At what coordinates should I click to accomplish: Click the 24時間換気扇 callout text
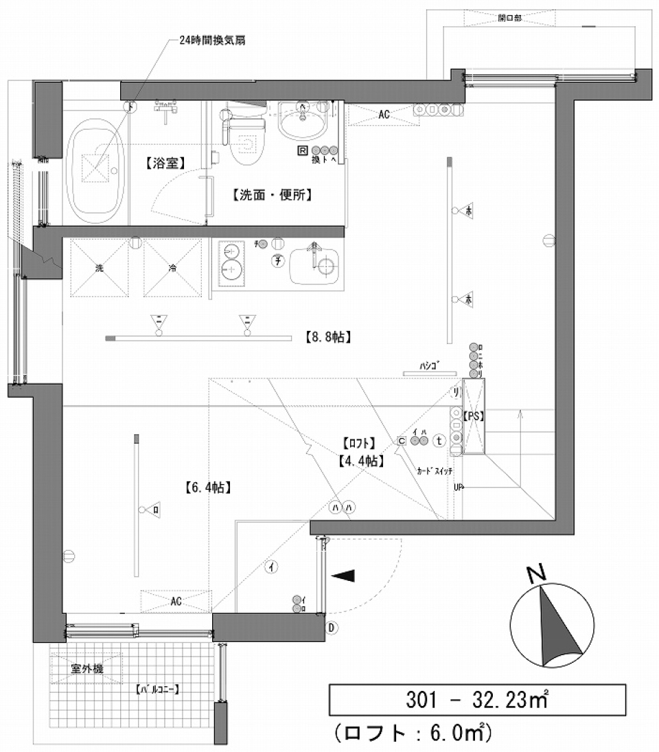coord(212,41)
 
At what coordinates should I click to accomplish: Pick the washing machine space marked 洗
coord(99,268)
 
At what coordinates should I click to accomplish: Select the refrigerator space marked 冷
coord(172,268)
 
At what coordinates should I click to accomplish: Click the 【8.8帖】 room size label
coord(327,337)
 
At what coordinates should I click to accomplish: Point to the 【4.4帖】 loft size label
coord(360,462)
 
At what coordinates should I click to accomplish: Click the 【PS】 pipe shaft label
coord(474,416)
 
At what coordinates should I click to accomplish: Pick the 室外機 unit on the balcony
coord(86,668)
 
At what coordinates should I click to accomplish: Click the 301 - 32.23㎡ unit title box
coord(477,700)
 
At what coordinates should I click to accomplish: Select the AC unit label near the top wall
coord(384,115)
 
